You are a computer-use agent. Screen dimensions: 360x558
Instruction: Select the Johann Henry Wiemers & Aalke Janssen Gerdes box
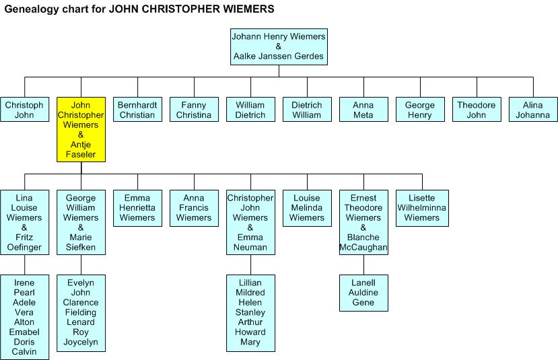click(279, 46)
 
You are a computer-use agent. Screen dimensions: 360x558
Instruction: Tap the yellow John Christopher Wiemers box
click(81, 130)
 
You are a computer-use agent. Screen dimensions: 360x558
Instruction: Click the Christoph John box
click(24, 110)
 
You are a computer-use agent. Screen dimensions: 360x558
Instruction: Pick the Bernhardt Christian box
click(137, 110)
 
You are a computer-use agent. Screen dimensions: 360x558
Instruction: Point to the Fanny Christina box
click(194, 110)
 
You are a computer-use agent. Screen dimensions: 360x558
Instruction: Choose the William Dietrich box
click(250, 110)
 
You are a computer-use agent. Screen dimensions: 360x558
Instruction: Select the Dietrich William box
click(307, 110)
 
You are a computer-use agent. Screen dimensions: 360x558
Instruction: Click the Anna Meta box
click(363, 110)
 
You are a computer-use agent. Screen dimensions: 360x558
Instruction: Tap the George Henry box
click(420, 110)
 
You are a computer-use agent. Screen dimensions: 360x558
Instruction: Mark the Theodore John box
click(477, 110)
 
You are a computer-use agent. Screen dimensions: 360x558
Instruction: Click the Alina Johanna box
click(533, 110)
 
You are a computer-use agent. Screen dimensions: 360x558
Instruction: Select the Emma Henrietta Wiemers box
click(137, 208)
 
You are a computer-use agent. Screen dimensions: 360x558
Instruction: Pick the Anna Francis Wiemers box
click(194, 208)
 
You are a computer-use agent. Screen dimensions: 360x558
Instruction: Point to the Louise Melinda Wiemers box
click(307, 208)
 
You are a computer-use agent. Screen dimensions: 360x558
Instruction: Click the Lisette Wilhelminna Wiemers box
click(422, 208)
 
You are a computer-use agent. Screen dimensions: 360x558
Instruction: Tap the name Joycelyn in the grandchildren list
click(81, 342)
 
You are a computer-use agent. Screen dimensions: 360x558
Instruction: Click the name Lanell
click(363, 283)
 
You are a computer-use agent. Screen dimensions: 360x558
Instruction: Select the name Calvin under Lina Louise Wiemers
click(24, 352)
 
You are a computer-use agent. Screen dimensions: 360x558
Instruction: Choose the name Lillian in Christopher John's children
click(250, 283)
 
